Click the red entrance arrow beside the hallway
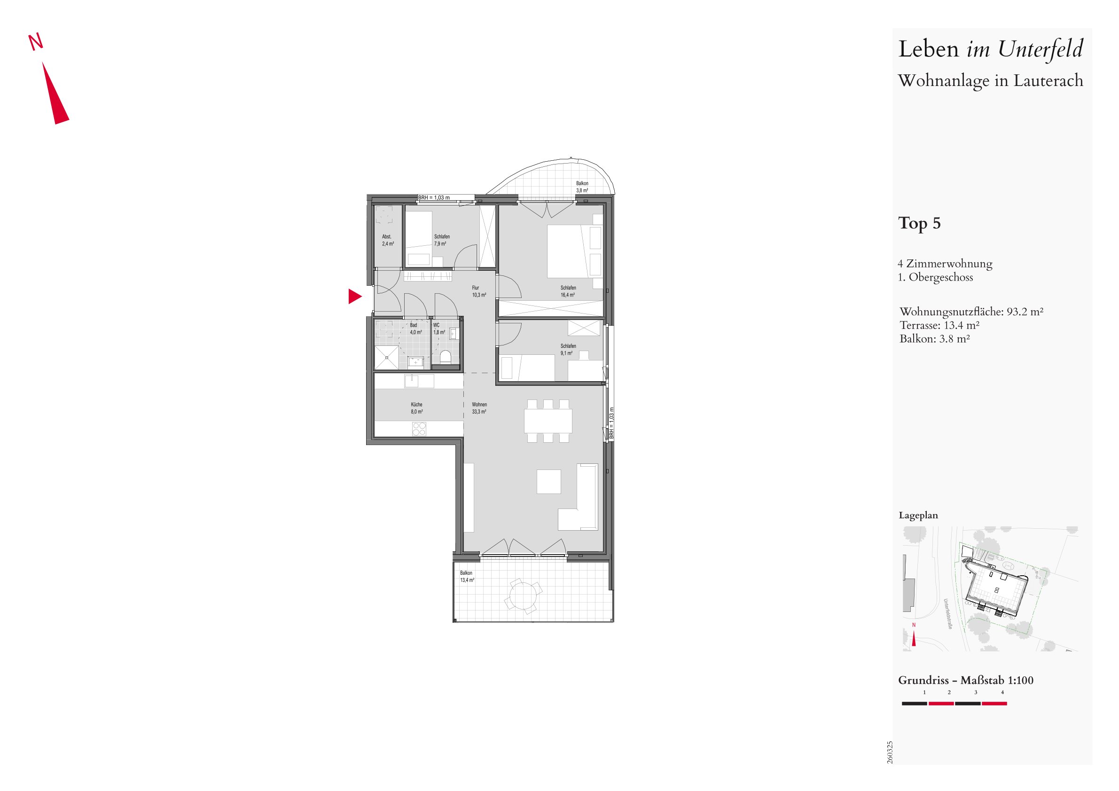pos(354,296)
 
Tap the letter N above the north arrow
pos(36,42)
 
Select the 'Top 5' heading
pos(919,223)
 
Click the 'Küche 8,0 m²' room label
pos(417,408)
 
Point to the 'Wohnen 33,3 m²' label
pos(479,408)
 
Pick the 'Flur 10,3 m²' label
pos(478,291)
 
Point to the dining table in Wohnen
pos(548,421)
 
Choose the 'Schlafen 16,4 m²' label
pos(568,291)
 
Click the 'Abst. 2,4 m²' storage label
pos(388,240)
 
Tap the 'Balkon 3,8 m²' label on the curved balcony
pos(582,187)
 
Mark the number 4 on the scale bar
pos(1002,692)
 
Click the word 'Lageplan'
pos(918,515)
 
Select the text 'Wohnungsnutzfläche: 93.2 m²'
pos(971,312)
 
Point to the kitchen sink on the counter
pos(419,381)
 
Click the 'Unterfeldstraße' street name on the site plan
pos(948,614)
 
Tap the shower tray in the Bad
pos(386,357)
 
